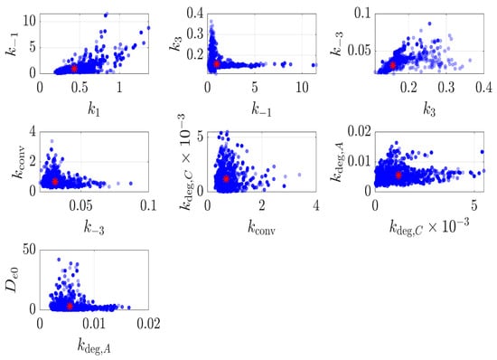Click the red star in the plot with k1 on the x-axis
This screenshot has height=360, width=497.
tap(74, 69)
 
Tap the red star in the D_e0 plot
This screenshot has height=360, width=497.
tap(70, 306)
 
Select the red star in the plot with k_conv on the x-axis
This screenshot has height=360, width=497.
tap(226, 178)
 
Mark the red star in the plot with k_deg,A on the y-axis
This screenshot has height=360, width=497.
tap(399, 175)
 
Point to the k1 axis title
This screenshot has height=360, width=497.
tap(94, 109)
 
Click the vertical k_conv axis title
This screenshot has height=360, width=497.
tap(18, 162)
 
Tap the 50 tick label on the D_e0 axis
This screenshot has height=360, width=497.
tap(29, 250)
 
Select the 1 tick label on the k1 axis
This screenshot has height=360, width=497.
tap(119, 88)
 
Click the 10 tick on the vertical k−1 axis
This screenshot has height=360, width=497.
tap(29, 21)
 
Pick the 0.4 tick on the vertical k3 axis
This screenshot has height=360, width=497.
tap(194, 14)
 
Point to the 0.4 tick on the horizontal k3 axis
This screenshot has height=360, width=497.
tap(483, 88)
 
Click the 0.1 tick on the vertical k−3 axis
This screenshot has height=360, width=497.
tap(362, 14)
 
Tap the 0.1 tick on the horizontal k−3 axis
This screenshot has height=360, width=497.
tap(148, 205)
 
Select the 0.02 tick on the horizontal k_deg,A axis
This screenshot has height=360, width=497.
tap(148, 324)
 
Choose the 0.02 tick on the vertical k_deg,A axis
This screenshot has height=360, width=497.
tap(359, 131)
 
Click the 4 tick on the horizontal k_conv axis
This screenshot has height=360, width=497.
tap(316, 205)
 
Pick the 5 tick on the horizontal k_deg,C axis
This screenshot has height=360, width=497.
tap(474, 205)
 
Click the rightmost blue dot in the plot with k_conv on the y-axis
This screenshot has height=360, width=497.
tap(131, 184)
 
